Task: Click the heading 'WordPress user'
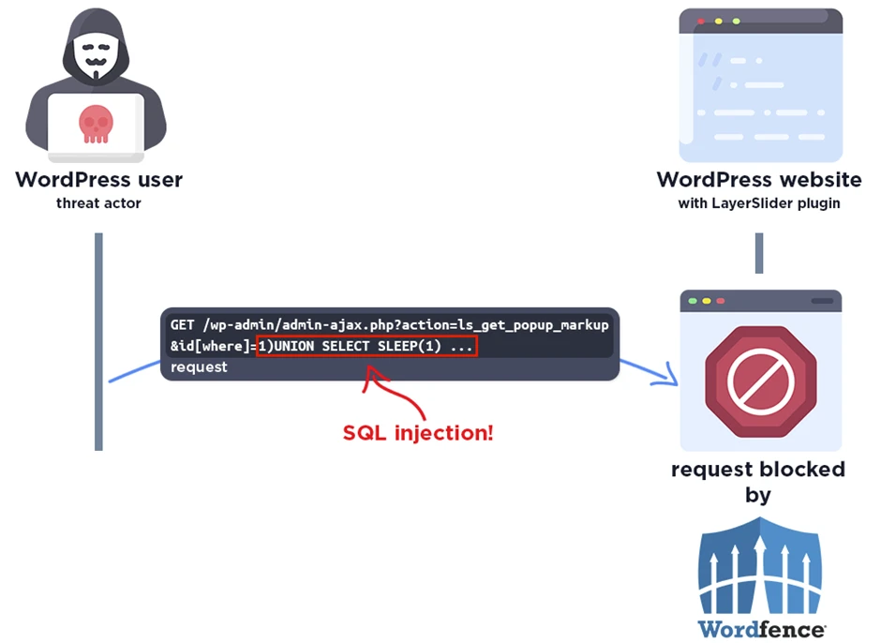tap(98, 179)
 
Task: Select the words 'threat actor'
tap(98, 202)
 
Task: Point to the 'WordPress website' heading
tap(759, 179)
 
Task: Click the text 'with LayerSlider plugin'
tap(759, 202)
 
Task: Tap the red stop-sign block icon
tap(761, 381)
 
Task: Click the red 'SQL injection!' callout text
tap(418, 433)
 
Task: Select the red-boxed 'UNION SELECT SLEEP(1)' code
tap(367, 347)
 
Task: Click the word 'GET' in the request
tap(182, 325)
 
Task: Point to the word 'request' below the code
tap(199, 367)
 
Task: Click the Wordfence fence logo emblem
tap(760, 568)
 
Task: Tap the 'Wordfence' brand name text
tap(760, 628)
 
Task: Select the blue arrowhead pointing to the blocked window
tap(667, 377)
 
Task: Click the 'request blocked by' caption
tap(758, 481)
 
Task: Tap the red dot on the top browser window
tap(701, 21)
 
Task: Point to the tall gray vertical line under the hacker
tap(98, 341)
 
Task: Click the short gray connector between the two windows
tap(759, 253)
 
